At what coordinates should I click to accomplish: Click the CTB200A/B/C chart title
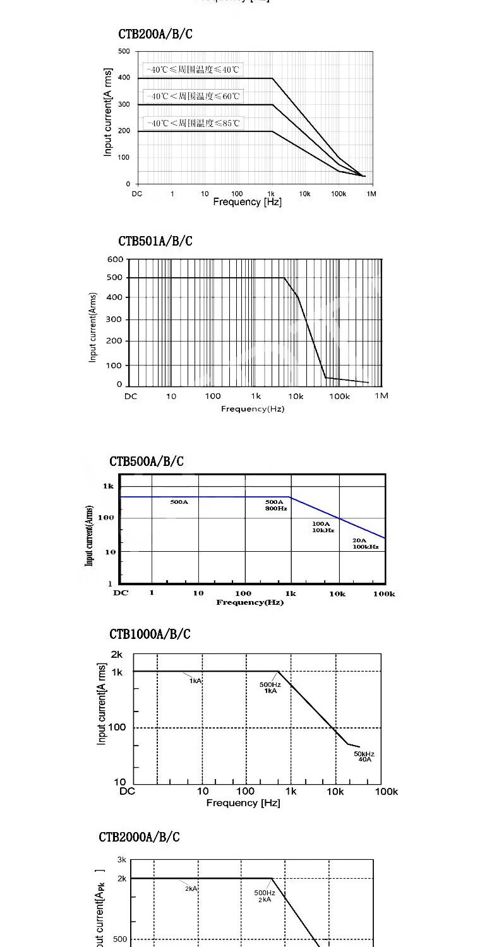click(155, 34)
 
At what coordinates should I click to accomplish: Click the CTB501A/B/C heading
click(155, 241)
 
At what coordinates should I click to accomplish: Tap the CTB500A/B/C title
click(147, 462)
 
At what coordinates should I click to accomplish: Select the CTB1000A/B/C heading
click(150, 634)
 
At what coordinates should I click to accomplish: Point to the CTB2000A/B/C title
click(139, 837)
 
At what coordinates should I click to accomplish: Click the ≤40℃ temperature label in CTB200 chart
click(192, 69)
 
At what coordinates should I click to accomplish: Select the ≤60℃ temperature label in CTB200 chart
click(192, 96)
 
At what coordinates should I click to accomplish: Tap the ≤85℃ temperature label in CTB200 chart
click(192, 122)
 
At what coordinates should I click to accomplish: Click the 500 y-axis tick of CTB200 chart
click(124, 52)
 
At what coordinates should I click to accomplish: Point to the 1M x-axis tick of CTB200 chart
click(371, 194)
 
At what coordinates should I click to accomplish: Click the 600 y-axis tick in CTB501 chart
click(115, 259)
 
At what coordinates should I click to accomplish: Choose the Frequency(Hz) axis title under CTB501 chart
click(252, 409)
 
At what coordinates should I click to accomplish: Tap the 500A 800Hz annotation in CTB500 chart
click(276, 505)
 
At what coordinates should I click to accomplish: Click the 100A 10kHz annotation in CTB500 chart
click(322, 527)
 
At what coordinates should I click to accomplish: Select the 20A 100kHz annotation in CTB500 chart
click(365, 544)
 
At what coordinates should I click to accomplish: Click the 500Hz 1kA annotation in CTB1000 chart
click(270, 688)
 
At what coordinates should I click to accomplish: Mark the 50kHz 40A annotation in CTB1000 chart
click(364, 756)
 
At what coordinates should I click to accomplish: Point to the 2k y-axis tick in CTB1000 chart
click(117, 654)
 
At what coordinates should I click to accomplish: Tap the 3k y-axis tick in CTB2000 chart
click(121, 860)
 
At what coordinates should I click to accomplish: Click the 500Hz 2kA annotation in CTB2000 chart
click(265, 896)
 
